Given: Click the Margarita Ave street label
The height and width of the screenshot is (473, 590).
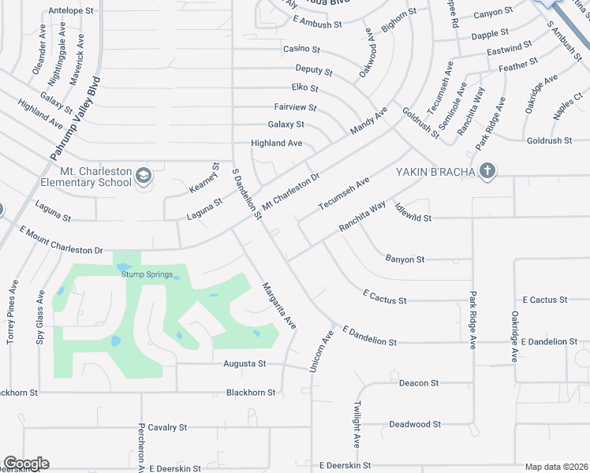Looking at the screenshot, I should [x=279, y=306].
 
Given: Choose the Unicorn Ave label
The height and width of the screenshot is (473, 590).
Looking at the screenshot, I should [x=320, y=351].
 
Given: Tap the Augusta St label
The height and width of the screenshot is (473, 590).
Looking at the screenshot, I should [x=245, y=363].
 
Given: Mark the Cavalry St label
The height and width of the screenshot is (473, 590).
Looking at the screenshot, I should [x=166, y=426].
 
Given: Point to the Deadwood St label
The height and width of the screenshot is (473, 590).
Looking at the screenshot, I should [x=415, y=424].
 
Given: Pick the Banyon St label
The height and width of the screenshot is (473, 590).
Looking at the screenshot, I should [x=405, y=259].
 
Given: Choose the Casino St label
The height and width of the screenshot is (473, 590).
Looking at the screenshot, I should [x=301, y=49].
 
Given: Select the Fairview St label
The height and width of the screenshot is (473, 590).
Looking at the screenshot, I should [x=295, y=106].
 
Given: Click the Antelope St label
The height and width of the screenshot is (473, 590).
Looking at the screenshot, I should [x=71, y=11].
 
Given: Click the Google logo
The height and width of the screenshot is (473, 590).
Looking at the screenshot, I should [x=25, y=464].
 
